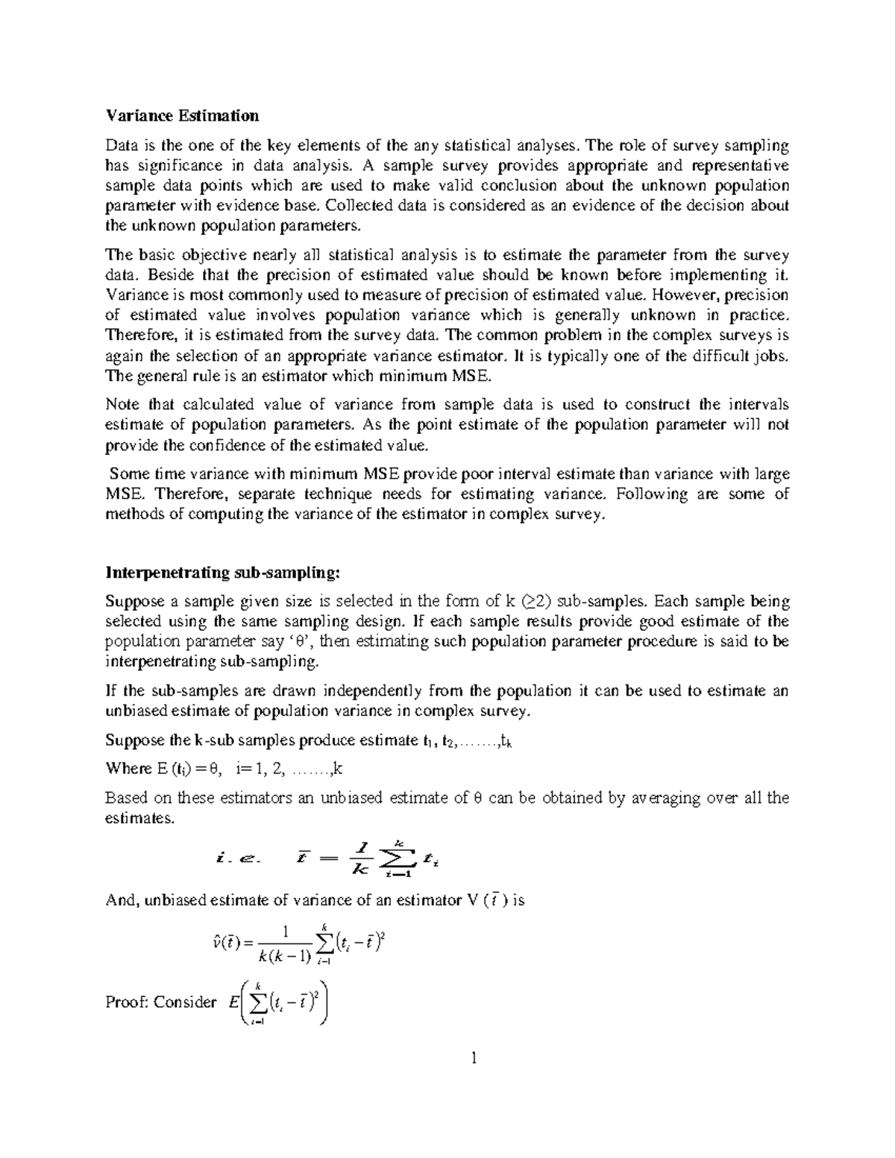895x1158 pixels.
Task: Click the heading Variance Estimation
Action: (x=182, y=116)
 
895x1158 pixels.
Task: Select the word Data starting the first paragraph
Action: (x=122, y=145)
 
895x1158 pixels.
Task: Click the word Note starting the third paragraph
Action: (x=122, y=405)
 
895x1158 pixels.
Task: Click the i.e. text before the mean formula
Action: (x=235, y=859)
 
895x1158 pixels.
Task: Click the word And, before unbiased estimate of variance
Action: (x=122, y=900)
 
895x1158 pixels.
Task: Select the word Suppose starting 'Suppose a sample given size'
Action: (x=133, y=602)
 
